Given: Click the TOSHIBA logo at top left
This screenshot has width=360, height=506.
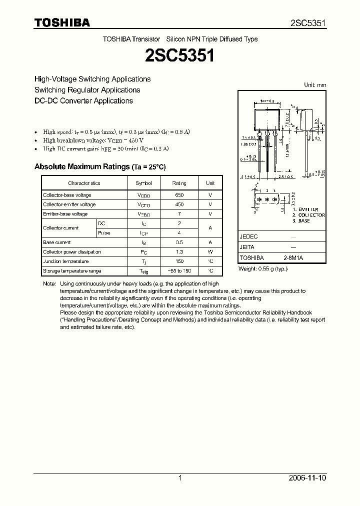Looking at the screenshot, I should coord(62,22).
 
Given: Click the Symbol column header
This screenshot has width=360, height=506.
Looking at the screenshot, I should coord(143,183).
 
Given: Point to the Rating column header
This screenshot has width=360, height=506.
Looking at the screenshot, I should coord(179,183).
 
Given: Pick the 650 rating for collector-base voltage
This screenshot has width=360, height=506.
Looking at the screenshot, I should coord(179,195).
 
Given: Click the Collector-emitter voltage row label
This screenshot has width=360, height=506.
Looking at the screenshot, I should coord(69,204).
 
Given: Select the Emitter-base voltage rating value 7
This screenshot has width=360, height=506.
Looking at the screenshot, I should coord(179,214).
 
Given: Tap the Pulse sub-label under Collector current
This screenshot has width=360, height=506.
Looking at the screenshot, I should coord(104,233).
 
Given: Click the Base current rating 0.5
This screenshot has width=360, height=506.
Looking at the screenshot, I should coord(179,242).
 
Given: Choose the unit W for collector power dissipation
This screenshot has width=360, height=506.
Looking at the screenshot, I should coord(210,252).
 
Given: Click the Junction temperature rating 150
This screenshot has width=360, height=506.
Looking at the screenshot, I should coord(179,261).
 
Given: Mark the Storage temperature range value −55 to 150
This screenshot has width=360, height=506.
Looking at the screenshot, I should coord(179,271).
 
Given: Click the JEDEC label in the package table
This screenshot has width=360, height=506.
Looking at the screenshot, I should coord(249,236).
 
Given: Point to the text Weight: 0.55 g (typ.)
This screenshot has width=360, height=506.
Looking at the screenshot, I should coord(263,269).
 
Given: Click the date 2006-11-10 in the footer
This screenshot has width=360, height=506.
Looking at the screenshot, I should coord(308,478).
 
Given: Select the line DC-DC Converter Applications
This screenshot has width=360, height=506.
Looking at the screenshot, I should coord(83,100).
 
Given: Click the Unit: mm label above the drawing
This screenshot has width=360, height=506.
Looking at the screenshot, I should coord(315,85).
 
